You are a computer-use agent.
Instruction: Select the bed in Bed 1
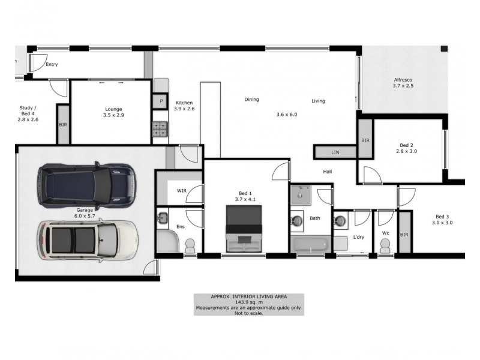[245, 229]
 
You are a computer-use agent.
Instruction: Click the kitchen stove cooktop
[160, 127]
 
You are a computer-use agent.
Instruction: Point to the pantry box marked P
[160, 102]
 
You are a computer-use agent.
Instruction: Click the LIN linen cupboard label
[335, 153]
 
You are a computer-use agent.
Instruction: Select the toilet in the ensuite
[190, 246]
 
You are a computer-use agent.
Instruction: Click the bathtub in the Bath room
[310, 245]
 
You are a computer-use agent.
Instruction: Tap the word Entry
[52, 64]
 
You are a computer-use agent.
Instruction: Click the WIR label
[182, 190]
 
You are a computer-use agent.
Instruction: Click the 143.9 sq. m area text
[248, 302]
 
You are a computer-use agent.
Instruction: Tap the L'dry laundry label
[358, 237]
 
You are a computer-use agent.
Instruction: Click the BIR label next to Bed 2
[365, 140]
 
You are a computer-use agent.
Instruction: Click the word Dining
[251, 100]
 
